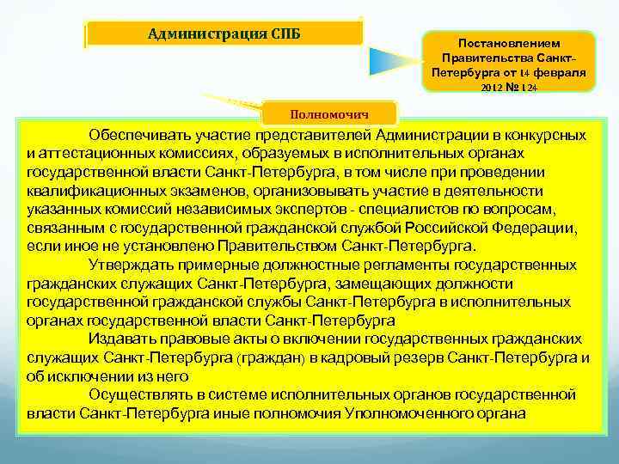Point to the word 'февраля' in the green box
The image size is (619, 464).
[558, 73]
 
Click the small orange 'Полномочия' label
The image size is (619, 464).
[331, 113]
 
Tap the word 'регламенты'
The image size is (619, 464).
[408, 265]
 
